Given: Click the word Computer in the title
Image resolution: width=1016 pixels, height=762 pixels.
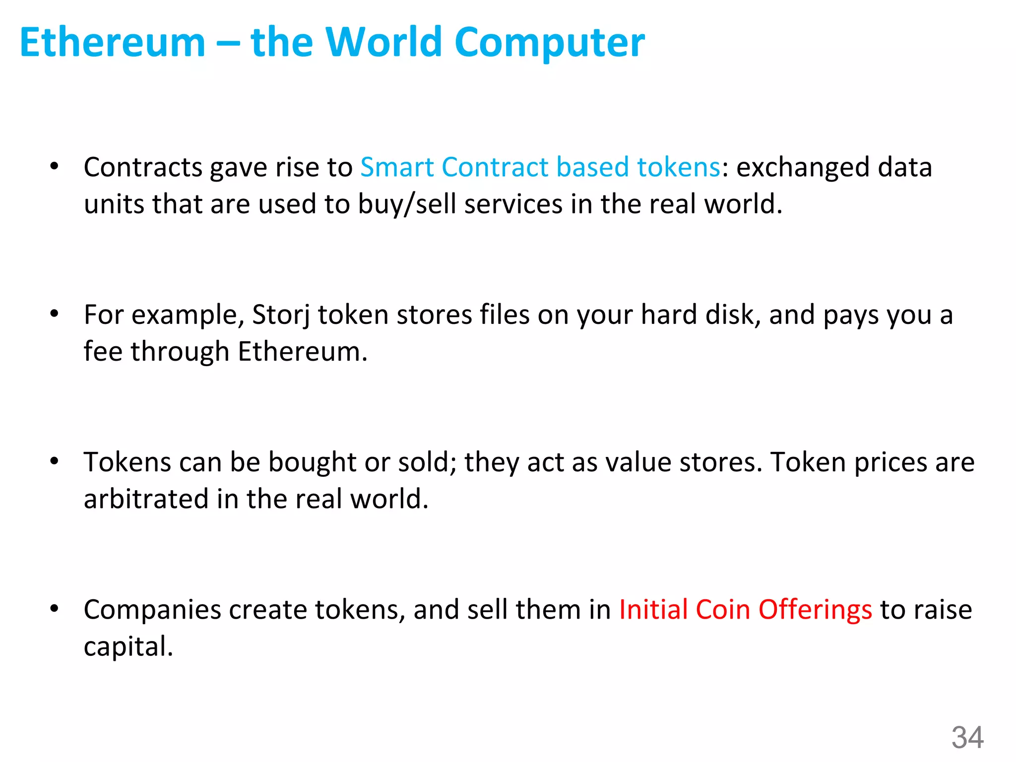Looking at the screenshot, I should click(x=549, y=43).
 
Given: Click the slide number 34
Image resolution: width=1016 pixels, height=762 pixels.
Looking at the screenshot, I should click(x=967, y=737).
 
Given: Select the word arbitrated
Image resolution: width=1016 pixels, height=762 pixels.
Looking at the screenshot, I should click(x=146, y=499).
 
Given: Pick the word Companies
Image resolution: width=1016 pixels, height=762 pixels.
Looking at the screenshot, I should click(x=152, y=610).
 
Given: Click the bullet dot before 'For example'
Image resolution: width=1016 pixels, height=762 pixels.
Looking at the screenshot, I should click(x=54, y=314).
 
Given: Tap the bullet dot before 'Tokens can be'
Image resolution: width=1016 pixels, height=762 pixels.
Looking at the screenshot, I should click(x=54, y=461).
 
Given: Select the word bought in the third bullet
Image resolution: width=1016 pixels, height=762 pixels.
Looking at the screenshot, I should click(x=312, y=462).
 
